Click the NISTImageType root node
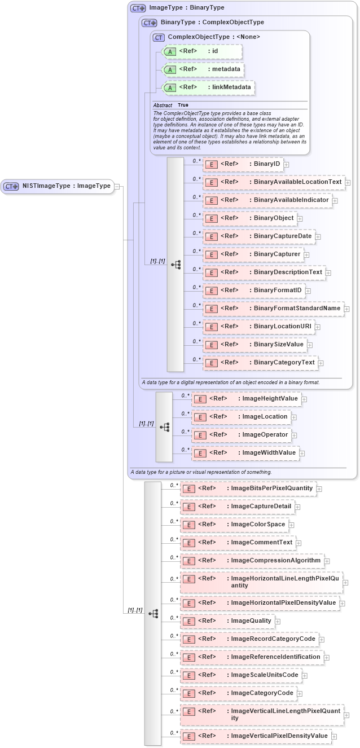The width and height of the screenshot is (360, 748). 58,186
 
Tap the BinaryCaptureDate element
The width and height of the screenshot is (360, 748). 258,236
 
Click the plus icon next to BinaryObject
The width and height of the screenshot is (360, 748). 300,218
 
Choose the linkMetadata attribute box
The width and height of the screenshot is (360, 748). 208,87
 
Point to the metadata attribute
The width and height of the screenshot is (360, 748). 203,69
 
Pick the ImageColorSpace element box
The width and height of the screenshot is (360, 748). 234,525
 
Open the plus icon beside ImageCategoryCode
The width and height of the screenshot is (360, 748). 300,693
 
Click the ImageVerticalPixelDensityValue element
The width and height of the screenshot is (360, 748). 256,736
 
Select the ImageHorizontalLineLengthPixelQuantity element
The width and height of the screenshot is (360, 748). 261,582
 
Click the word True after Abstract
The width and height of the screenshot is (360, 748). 183,105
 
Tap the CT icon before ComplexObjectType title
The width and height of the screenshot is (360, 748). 159,37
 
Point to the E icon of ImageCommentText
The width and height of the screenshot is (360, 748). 189,543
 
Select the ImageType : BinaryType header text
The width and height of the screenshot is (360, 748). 186,8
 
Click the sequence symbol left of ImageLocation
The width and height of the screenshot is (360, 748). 164,427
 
